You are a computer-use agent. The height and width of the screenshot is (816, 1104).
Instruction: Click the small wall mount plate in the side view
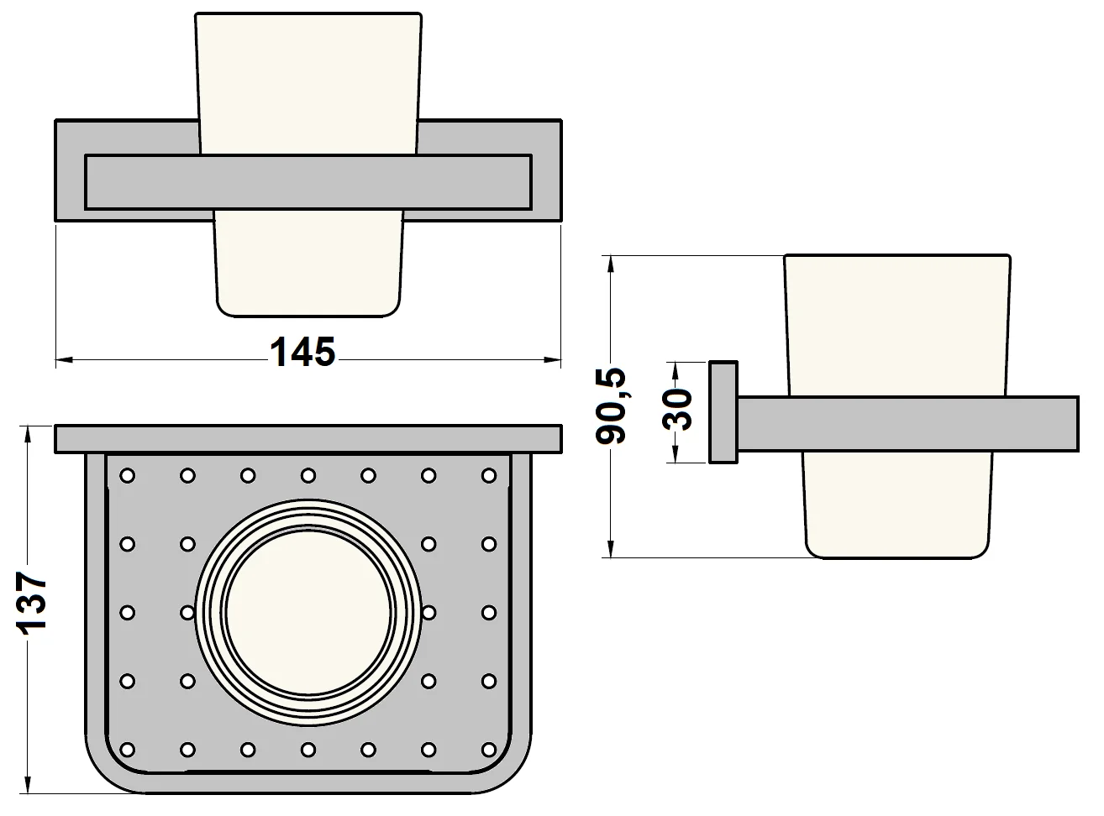tap(723, 412)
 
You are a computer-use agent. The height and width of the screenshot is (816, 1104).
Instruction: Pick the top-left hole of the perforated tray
tap(127, 476)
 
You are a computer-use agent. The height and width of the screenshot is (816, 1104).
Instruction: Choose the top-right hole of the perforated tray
tap(490, 476)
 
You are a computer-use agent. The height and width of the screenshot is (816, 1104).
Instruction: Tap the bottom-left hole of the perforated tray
tap(127, 748)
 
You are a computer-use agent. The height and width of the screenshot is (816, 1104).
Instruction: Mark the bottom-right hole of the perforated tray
tap(490, 748)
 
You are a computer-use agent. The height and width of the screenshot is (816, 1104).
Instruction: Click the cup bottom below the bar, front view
tap(309, 264)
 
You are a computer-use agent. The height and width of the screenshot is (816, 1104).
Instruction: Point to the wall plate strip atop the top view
tap(308, 439)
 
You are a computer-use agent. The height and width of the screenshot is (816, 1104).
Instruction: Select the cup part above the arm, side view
tap(896, 323)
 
